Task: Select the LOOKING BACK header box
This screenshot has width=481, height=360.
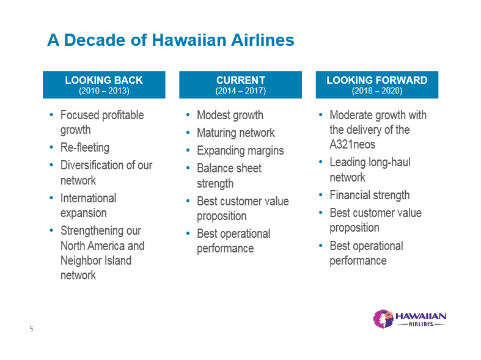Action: click(104, 84)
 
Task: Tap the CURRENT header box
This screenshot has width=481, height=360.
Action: click(241, 84)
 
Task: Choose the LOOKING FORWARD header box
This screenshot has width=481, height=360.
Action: click(377, 84)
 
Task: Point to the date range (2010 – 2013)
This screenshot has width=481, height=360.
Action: click(104, 91)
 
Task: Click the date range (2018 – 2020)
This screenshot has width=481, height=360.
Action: click(377, 91)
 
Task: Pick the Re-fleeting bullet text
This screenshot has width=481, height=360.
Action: click(85, 147)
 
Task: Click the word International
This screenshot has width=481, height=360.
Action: click(89, 198)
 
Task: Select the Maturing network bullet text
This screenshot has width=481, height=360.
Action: click(236, 133)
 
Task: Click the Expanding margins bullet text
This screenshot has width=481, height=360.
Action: click(240, 150)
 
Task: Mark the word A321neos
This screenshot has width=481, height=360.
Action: click(353, 144)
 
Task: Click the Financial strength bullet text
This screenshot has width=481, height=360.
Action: click(370, 195)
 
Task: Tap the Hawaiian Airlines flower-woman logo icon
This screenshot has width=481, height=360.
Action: click(383, 319)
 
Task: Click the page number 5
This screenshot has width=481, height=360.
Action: click(31, 329)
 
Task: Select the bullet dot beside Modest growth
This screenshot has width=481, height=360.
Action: click(188, 115)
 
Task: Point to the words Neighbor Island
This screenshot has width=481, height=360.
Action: click(96, 260)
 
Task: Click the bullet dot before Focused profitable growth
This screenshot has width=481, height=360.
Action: click(51, 115)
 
